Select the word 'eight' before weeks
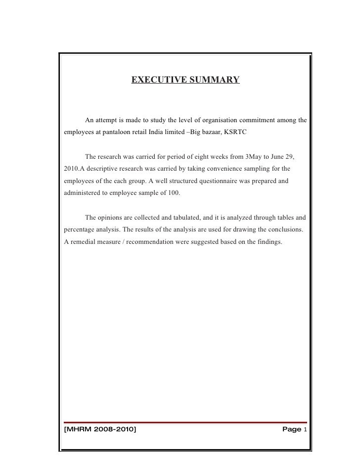coord(191,157)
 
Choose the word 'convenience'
coord(219,169)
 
